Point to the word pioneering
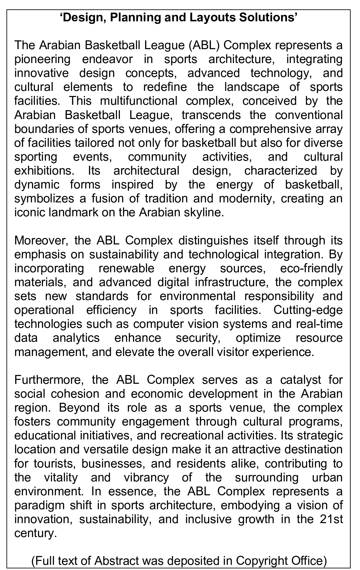click(42, 59)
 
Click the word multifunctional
click(139, 101)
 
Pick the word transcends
click(211, 115)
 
